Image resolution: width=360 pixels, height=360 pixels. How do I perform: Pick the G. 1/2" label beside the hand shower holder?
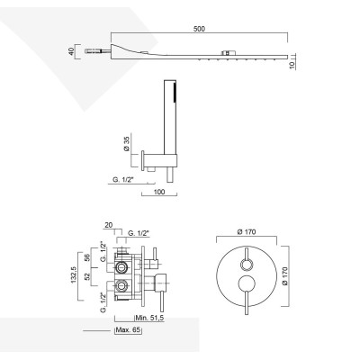coord(125,181)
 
